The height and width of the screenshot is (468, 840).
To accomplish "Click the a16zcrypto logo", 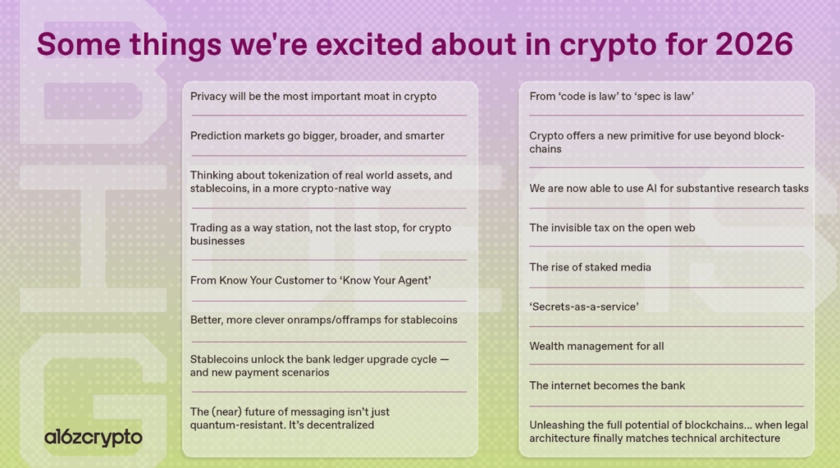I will pyautogui.click(x=93, y=437).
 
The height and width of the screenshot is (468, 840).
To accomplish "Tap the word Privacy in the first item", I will pyautogui.click(x=209, y=96).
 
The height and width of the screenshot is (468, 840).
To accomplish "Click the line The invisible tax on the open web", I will pyautogui.click(x=612, y=228).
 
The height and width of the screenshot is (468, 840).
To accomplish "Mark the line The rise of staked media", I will pyautogui.click(x=590, y=267).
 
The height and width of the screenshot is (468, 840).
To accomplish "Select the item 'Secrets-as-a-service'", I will pyautogui.click(x=584, y=307).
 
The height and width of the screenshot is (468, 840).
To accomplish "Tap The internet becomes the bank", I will pyautogui.click(x=607, y=385).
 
